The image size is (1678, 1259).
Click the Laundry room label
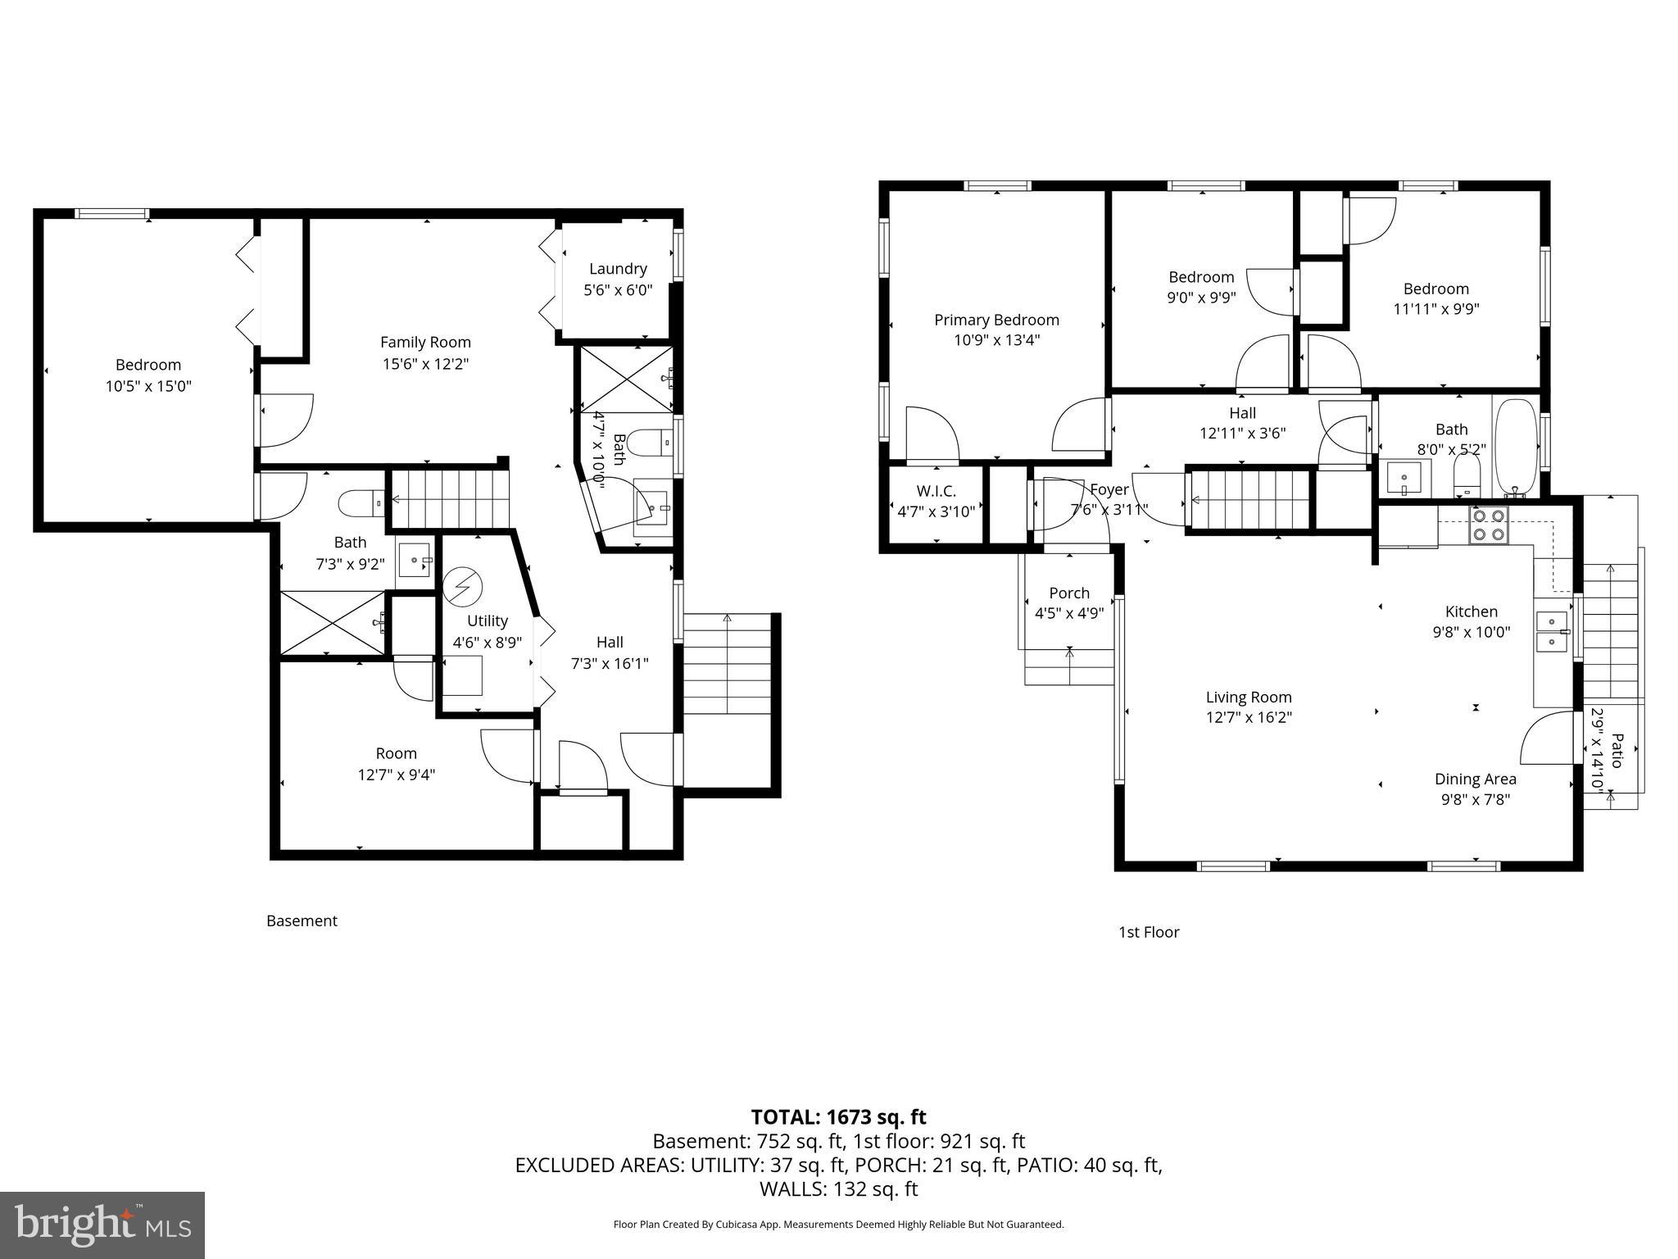pos(618,269)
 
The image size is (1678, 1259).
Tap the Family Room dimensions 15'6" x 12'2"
pos(425,364)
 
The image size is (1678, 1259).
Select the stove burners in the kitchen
pos(1489,525)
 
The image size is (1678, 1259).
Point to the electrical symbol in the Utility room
pos(463,587)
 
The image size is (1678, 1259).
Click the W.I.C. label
pos(936,491)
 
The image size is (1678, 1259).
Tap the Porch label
pos(1069,593)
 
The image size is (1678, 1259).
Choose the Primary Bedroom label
pos(996,320)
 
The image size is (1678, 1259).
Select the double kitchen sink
pos(1551,632)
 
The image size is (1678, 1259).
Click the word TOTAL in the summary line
pos(787,1117)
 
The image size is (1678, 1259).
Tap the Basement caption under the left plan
pos(302,920)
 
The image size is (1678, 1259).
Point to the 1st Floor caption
pos(1149,932)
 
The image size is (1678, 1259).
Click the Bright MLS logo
pos(102,1225)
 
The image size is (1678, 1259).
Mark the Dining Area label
pos(1475,779)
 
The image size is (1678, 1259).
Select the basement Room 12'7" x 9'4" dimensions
pos(396,775)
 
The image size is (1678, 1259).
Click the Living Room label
pos(1248,698)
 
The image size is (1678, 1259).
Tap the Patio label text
pos(1616,750)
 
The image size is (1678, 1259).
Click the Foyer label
pos(1109,489)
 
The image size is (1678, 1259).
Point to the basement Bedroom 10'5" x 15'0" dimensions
pos(148,386)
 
